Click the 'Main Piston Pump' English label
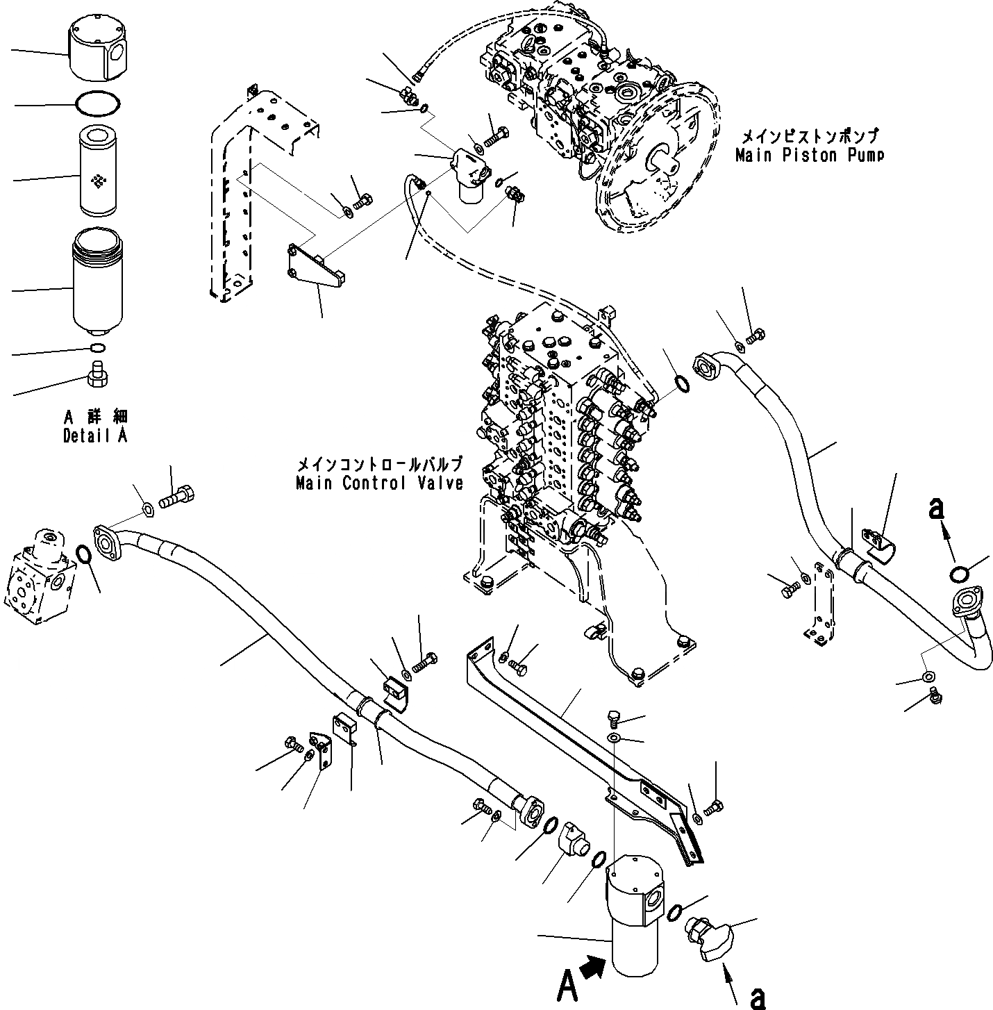click(x=810, y=156)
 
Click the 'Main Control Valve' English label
click(x=379, y=483)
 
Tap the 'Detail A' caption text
click(x=95, y=436)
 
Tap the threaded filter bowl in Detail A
click(x=97, y=278)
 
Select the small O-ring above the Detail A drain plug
click(x=99, y=348)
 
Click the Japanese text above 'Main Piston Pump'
click(x=810, y=136)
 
